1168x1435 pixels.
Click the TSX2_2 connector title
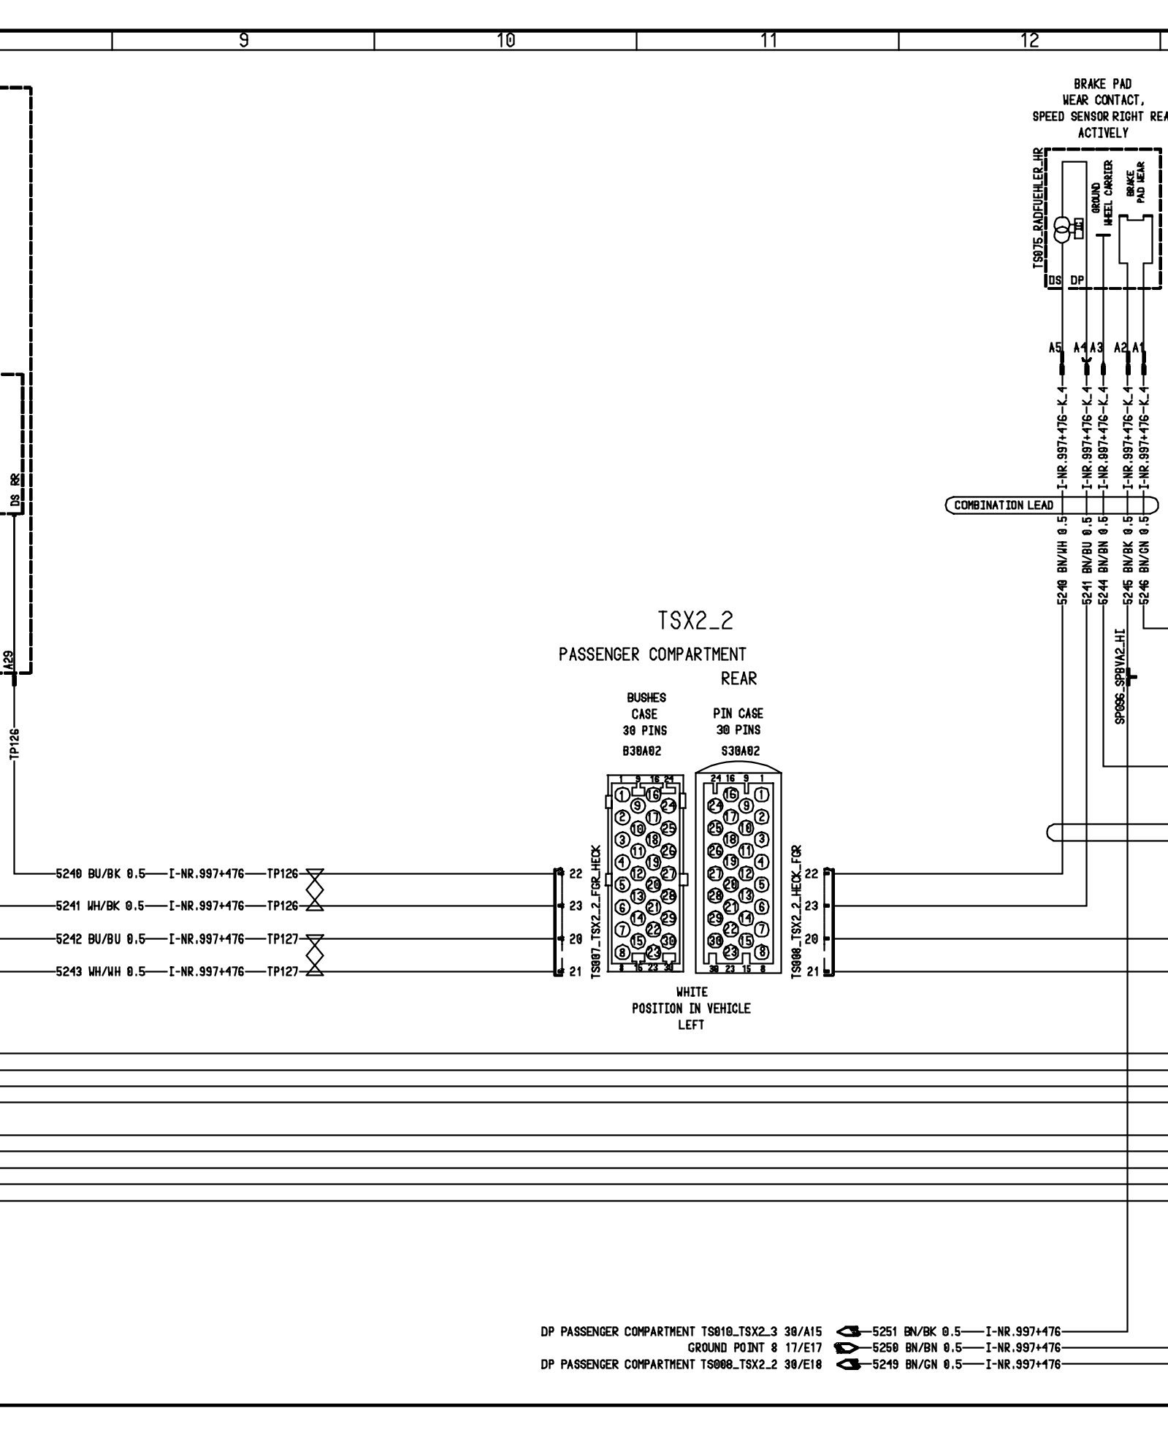(695, 621)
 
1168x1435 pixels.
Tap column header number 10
(505, 41)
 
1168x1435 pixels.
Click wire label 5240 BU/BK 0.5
(101, 873)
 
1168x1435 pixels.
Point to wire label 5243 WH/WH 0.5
(101, 972)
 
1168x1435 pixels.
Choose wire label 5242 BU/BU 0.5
(101, 939)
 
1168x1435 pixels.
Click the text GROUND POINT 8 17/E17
(755, 1347)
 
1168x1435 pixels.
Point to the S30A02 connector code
(739, 751)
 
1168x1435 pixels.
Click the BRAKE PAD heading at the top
(1102, 84)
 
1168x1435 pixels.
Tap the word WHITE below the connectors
(691, 992)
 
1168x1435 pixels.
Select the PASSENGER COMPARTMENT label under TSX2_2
(652, 654)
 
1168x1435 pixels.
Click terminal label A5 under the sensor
(1054, 348)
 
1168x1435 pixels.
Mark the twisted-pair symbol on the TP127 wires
(315, 955)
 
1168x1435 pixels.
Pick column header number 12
(1030, 41)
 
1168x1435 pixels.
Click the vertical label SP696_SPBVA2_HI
(1120, 676)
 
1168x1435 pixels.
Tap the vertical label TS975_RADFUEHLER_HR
(1037, 208)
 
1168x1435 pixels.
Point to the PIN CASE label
(738, 713)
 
